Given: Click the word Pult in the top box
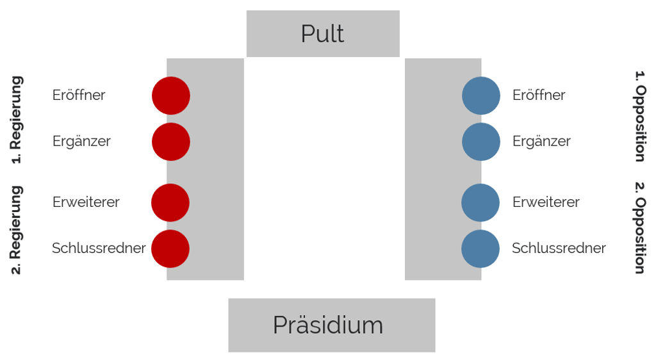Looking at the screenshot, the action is pyautogui.click(x=323, y=33).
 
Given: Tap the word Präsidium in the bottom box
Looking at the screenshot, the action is pyautogui.click(x=328, y=325).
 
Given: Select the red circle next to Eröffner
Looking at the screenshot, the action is pyautogui.click(x=170, y=95).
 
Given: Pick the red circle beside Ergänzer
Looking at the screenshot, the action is pyautogui.click(x=170, y=142).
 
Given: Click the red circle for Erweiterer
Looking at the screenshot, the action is pyautogui.click(x=170, y=203).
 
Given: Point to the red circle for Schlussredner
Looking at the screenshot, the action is pyautogui.click(x=170, y=249).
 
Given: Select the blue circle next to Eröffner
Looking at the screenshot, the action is pyautogui.click(x=480, y=95).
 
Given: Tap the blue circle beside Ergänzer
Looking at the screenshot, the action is pyautogui.click(x=480, y=142).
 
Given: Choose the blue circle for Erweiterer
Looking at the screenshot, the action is pyautogui.click(x=480, y=203).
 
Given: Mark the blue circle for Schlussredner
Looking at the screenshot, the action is pyautogui.click(x=480, y=249).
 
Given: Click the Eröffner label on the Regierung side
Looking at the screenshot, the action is pyautogui.click(x=79, y=95).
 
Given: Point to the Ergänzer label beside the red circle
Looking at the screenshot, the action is pyautogui.click(x=81, y=142).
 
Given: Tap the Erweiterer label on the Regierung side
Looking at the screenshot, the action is pyautogui.click(x=86, y=202).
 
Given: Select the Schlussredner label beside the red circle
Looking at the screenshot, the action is pyautogui.click(x=99, y=248).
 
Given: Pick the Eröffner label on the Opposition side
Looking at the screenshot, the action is pyautogui.click(x=539, y=95).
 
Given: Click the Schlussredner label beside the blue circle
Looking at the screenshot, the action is pyautogui.click(x=559, y=248).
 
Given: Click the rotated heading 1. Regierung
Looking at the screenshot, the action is pyautogui.click(x=16, y=120).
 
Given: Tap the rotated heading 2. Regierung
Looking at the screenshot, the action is pyautogui.click(x=16, y=230).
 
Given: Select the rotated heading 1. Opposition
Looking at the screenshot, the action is pyautogui.click(x=641, y=116).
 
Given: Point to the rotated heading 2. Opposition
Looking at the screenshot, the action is pyautogui.click(x=641, y=228).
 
